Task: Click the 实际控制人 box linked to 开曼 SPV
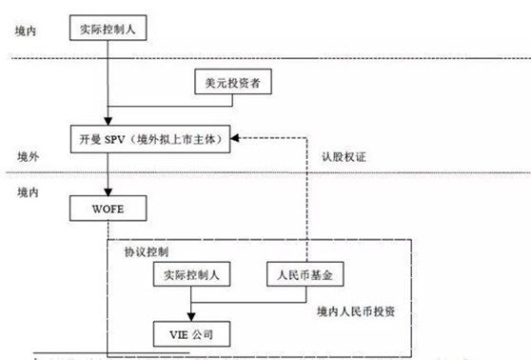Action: [108, 29]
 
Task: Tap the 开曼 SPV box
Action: [150, 138]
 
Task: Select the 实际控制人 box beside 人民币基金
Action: [191, 275]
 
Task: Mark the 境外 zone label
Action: [28, 155]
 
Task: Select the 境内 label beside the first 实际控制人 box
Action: [28, 32]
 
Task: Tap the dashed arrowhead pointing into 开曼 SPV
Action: [238, 138]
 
